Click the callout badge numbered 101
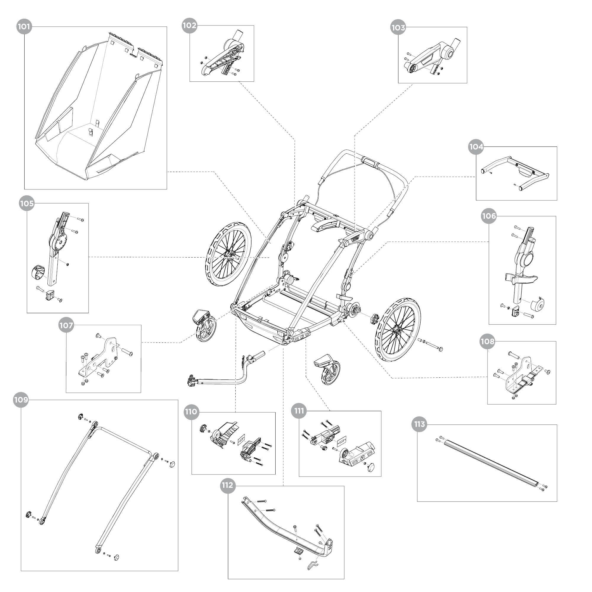coord(24,27)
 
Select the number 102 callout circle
coord(189,25)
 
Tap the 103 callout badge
coord(398,28)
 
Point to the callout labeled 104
coord(476,147)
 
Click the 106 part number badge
coord(489,216)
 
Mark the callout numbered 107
coord(66,325)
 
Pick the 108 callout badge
coord(488,341)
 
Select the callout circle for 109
coord(21,400)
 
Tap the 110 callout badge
coord(191,411)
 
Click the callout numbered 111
coord(299,411)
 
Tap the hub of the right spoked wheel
coord(398,330)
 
